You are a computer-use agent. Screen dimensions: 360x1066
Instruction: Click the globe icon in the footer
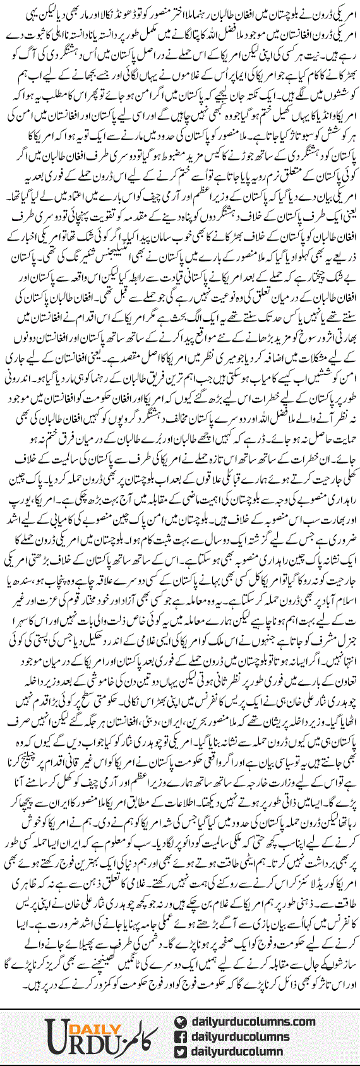pyautogui.click(x=179, y=1021)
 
